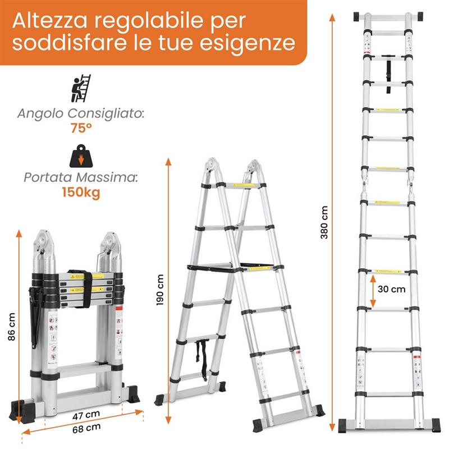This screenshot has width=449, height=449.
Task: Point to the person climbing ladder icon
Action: point(81,88)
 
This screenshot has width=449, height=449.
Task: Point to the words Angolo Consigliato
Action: point(81,113)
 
